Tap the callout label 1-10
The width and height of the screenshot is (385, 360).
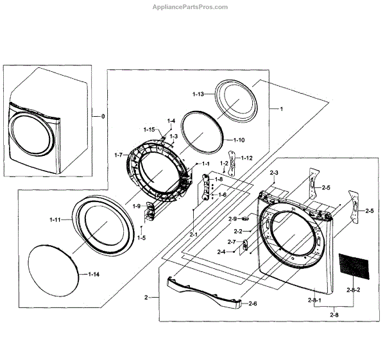tap(238, 140)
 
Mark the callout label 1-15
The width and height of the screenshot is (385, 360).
tap(149, 130)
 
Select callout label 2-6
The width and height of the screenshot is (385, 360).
tap(252, 303)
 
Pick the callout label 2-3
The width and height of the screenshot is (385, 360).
tap(275, 173)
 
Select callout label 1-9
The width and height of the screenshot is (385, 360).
tap(137, 206)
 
